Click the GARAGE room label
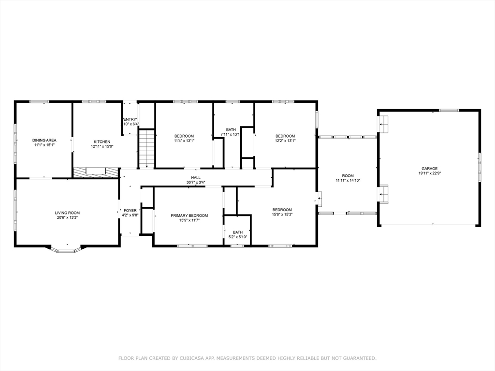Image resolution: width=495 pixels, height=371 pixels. [x=428, y=169]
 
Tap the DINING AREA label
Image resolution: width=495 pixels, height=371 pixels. [x=44, y=140]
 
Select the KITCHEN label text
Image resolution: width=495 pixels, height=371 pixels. [x=102, y=142]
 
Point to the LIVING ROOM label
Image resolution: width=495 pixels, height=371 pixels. [x=67, y=213]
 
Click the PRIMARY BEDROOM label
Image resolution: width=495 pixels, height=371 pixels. [x=189, y=215]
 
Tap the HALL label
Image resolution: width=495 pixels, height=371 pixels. [x=196, y=178]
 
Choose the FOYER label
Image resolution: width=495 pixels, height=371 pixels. [x=130, y=210]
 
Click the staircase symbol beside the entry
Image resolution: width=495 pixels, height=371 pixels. [x=146, y=148]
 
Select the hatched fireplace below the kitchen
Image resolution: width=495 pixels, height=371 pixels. [x=96, y=171]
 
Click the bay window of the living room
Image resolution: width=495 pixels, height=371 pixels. [x=67, y=249]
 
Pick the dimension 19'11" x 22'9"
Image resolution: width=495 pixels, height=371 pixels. [x=428, y=173]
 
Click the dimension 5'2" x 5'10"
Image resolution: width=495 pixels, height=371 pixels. [x=237, y=237]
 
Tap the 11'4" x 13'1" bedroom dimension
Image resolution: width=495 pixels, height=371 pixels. [x=184, y=141]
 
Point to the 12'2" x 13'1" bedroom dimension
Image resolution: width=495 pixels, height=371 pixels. [x=285, y=141]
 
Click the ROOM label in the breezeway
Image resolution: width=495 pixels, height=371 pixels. [x=348, y=176]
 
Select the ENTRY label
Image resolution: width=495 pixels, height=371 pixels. [x=130, y=119]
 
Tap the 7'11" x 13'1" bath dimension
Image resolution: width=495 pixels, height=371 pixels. [x=231, y=134]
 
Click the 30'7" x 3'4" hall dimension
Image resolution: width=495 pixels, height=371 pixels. [x=196, y=183]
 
